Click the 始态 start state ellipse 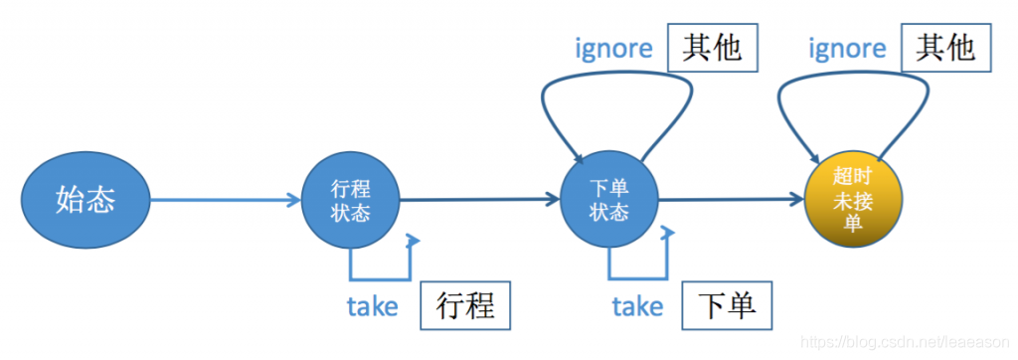85,200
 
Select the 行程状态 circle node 350,200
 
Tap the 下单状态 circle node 609,200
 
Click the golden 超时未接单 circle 854,200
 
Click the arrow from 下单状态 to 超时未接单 731,200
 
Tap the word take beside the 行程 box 372,306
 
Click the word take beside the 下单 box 637,306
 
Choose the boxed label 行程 465,305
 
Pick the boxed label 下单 726,305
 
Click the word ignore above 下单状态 614,48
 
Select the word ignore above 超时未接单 846,48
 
